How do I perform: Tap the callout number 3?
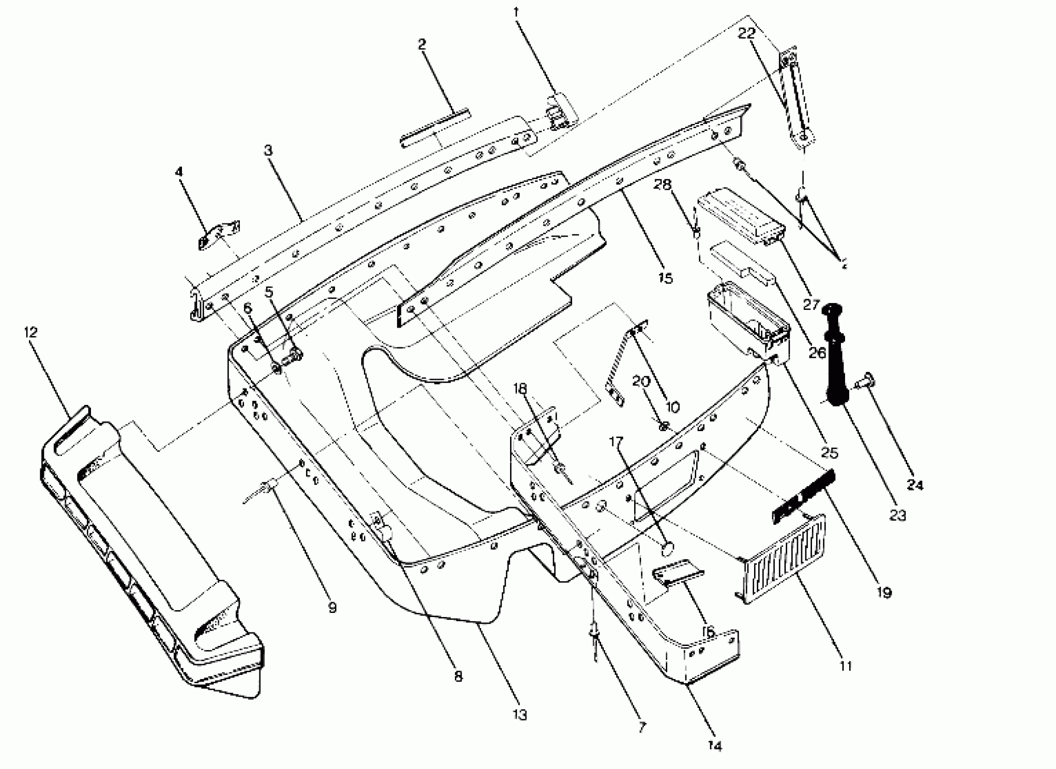click(x=268, y=151)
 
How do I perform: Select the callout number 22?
click(x=746, y=33)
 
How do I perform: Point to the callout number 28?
click(x=662, y=185)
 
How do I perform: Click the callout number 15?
click(x=666, y=278)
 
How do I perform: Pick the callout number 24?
click(x=914, y=485)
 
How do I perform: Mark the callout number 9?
click(x=332, y=608)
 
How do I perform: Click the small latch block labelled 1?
click(x=561, y=112)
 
